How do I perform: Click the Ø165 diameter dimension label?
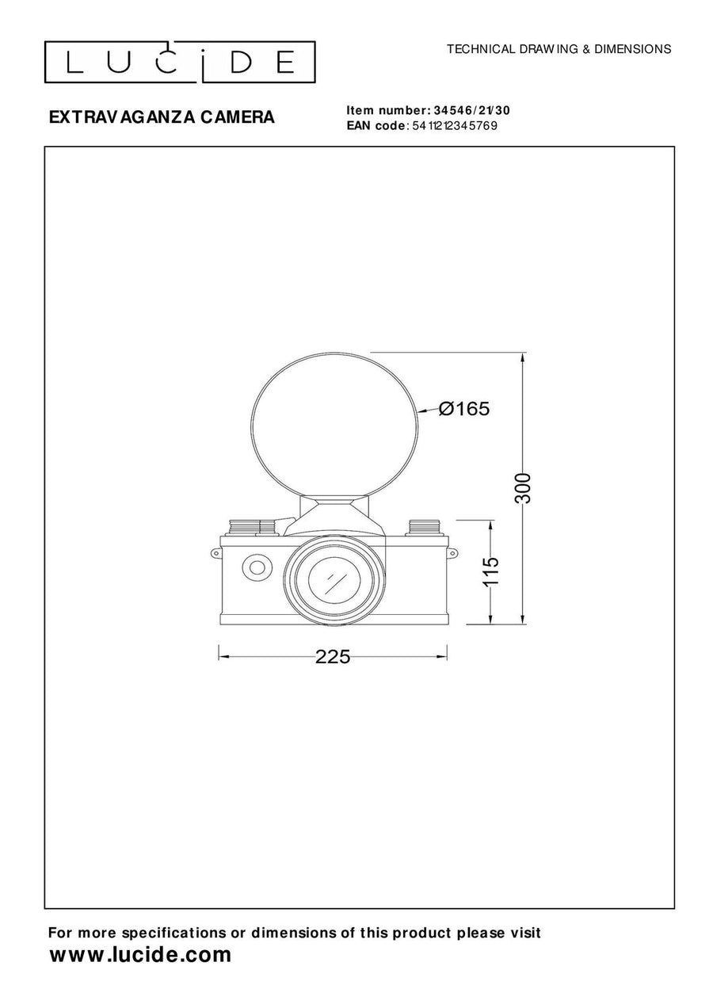point(464,409)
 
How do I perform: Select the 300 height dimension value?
point(523,488)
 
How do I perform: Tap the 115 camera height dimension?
point(491,571)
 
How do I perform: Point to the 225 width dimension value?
point(333,657)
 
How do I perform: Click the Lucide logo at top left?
point(180,62)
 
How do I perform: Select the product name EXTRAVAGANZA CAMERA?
point(162,117)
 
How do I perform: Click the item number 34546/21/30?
point(472,110)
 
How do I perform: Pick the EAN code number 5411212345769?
point(455,126)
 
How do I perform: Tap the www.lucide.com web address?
point(140,954)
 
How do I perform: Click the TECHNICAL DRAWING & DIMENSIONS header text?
point(559,49)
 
